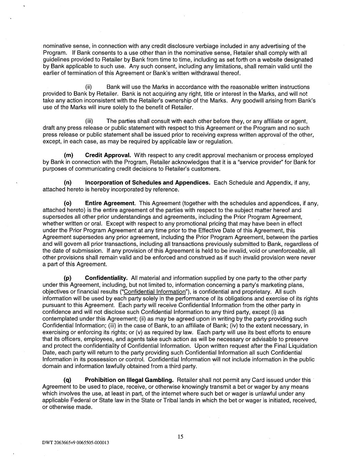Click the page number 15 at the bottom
point(181,436)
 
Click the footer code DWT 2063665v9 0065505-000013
point(75,443)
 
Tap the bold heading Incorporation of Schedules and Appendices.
point(147,183)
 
